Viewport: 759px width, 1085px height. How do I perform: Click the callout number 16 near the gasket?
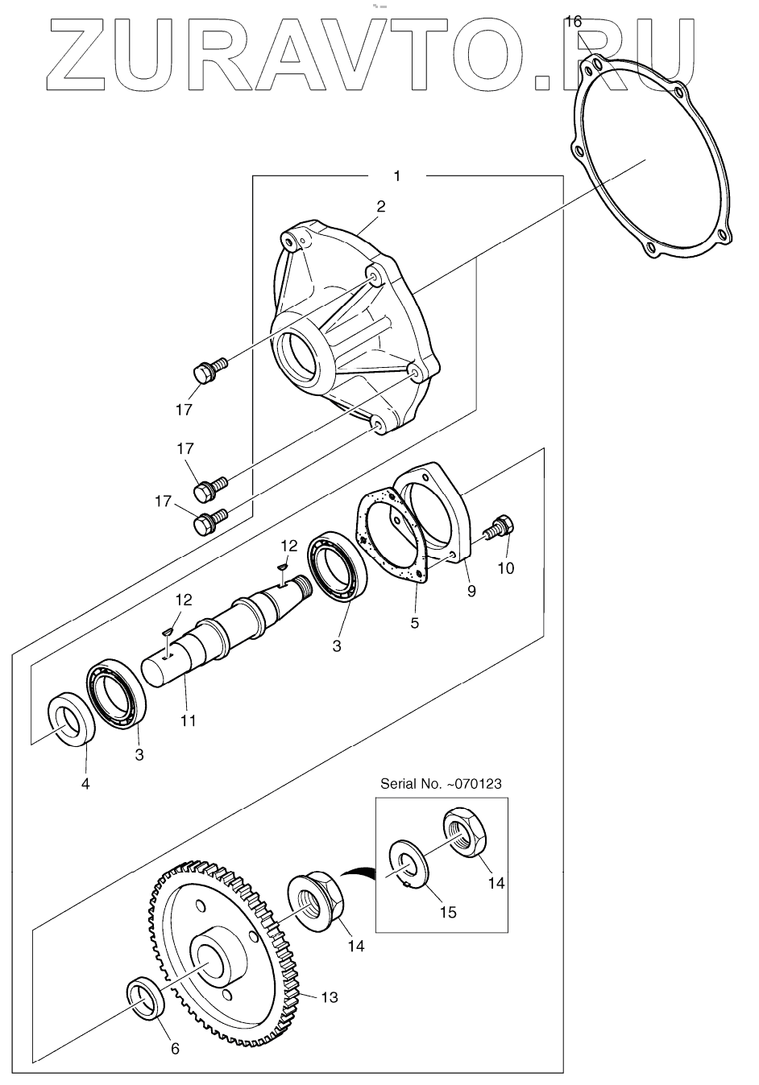coord(573,22)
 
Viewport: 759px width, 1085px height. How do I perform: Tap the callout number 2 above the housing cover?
coord(381,206)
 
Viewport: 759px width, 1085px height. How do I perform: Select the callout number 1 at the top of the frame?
coord(397,175)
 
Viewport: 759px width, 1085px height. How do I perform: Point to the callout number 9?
coord(471,591)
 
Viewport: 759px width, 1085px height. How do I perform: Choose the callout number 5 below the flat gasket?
coord(414,623)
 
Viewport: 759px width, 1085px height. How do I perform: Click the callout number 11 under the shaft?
coord(189,720)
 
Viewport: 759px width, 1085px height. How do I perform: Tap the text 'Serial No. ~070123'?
coord(441,783)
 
